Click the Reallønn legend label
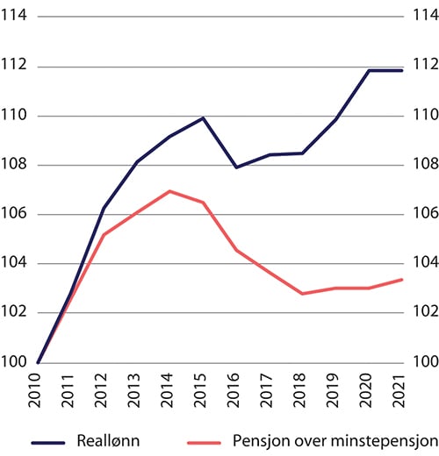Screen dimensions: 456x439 pos(104,438)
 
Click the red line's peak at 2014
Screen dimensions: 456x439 pos(170,191)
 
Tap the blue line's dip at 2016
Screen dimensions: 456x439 pos(236,167)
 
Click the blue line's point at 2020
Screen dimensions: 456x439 pos(369,70)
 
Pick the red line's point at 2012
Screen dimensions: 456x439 pos(104,235)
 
